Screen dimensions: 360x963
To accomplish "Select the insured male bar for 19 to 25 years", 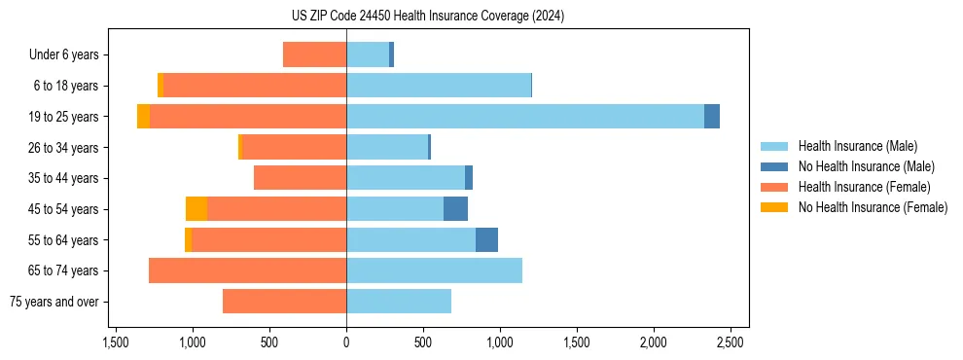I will (x=525, y=116).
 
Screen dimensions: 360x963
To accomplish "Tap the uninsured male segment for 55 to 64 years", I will (x=486, y=239).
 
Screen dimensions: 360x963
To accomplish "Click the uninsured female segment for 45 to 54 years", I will (x=196, y=209).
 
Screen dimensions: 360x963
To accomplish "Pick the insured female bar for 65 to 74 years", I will (x=247, y=270).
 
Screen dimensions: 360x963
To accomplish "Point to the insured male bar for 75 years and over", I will (x=399, y=302).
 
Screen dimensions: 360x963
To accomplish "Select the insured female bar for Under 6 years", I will (x=314, y=54).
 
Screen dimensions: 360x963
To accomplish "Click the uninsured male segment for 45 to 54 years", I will (x=455, y=209).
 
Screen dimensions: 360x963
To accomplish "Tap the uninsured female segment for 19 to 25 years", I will (x=143, y=116).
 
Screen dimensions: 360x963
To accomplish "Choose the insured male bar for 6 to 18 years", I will (x=439, y=86).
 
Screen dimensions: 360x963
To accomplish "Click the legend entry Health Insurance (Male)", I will (x=857, y=146).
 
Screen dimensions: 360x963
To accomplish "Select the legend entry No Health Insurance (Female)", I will (x=873, y=207).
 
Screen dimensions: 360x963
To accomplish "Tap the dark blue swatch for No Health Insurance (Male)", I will (x=774, y=166).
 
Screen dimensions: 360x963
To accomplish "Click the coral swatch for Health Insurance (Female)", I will (x=774, y=187).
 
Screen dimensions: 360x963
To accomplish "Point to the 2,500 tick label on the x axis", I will (x=730, y=342).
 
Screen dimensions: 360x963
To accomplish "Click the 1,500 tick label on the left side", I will (x=115, y=342).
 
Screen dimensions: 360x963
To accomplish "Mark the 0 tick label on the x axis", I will (x=346, y=342).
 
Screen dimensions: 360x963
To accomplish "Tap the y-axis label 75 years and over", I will (x=54, y=302).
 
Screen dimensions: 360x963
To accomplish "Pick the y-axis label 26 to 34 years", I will (x=64, y=147).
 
